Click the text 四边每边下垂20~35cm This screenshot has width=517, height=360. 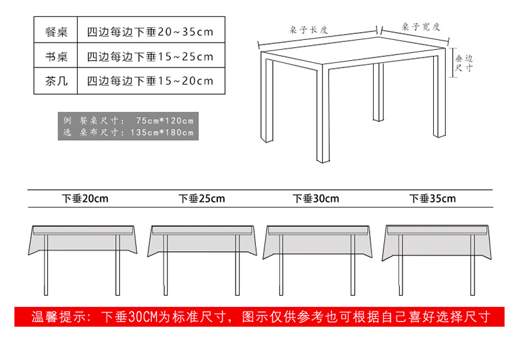pyautogui.click(x=150, y=31)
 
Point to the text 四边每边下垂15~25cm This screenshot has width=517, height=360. pyautogui.click(x=150, y=56)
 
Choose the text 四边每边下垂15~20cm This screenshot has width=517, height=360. pyautogui.click(x=150, y=81)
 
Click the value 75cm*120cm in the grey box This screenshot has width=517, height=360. pyautogui.click(x=165, y=120)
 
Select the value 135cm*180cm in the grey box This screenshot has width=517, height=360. pyautogui.click(x=163, y=132)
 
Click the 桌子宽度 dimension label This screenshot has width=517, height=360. pyautogui.click(x=421, y=27)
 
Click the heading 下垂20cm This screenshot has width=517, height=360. pyautogui.click(x=85, y=198)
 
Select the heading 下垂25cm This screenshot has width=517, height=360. pyautogui.click(x=202, y=198)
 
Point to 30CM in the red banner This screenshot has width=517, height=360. pyautogui.click(x=143, y=317)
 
